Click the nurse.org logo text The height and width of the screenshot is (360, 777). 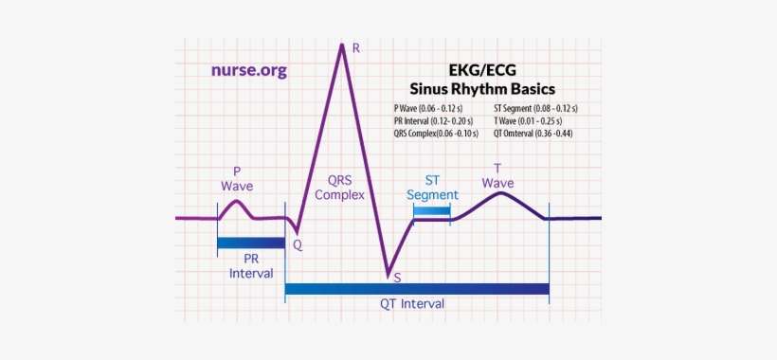[x=248, y=70]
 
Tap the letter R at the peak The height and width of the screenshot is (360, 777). [x=355, y=47]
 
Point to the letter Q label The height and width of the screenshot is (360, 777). [x=298, y=243]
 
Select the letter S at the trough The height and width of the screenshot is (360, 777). [x=397, y=277]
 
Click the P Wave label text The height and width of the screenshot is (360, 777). [x=237, y=178]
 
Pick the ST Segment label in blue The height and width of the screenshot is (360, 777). [x=432, y=187]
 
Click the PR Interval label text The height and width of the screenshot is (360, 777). [x=251, y=264]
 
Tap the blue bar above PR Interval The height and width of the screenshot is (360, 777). [x=251, y=243]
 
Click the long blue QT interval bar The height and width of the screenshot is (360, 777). [x=417, y=288]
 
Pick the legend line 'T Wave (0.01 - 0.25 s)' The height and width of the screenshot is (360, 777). [x=527, y=121]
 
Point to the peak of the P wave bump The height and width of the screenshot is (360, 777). [x=238, y=201]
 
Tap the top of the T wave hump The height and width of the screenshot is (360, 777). [x=499, y=193]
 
